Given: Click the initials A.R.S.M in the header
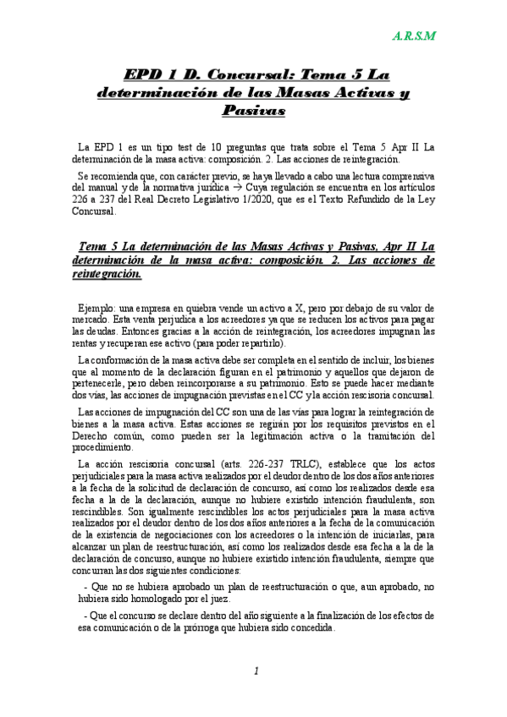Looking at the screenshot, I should point(413,36).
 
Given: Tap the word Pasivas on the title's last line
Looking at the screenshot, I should point(253,111).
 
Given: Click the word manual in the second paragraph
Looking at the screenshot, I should point(106,188).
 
